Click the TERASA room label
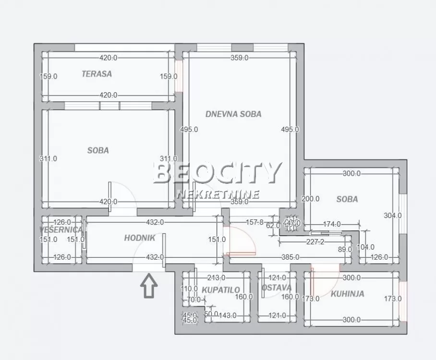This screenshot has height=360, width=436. click(97, 74)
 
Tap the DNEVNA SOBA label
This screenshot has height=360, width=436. click(233, 114)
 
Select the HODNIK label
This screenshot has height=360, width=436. click(139, 238)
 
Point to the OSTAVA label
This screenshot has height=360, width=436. click(277, 288)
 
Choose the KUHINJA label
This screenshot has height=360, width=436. click(347, 293)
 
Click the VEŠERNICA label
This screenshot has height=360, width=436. click(61, 230)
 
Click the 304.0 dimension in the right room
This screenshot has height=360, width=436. click(392, 216)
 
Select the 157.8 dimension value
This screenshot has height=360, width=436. click(255, 222)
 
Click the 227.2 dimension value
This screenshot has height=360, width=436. click(315, 242)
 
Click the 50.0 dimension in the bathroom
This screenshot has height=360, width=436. click(211, 314)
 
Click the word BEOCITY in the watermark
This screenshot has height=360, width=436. click(217, 173)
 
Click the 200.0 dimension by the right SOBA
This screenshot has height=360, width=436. click(310, 199)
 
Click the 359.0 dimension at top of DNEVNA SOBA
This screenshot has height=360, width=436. click(239, 58)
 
